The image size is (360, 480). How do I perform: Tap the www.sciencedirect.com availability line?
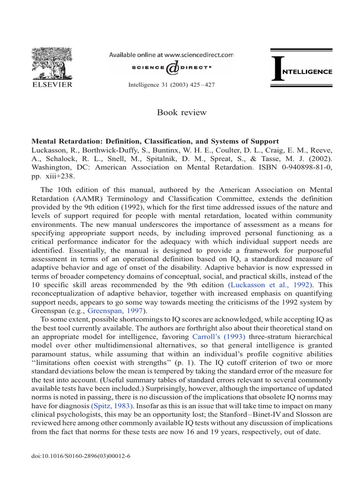click(171, 55)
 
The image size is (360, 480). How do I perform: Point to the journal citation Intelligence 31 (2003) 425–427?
click(171, 89)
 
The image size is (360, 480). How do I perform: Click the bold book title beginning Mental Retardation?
click(155, 141)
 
